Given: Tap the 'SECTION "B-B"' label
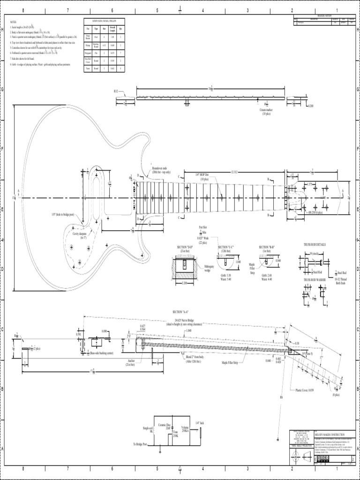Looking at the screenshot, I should (x=267, y=247).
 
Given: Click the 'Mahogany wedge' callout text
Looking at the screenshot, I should (x=209, y=268).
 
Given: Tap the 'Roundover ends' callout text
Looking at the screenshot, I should (x=159, y=167).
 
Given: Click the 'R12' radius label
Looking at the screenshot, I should (x=116, y=90).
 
